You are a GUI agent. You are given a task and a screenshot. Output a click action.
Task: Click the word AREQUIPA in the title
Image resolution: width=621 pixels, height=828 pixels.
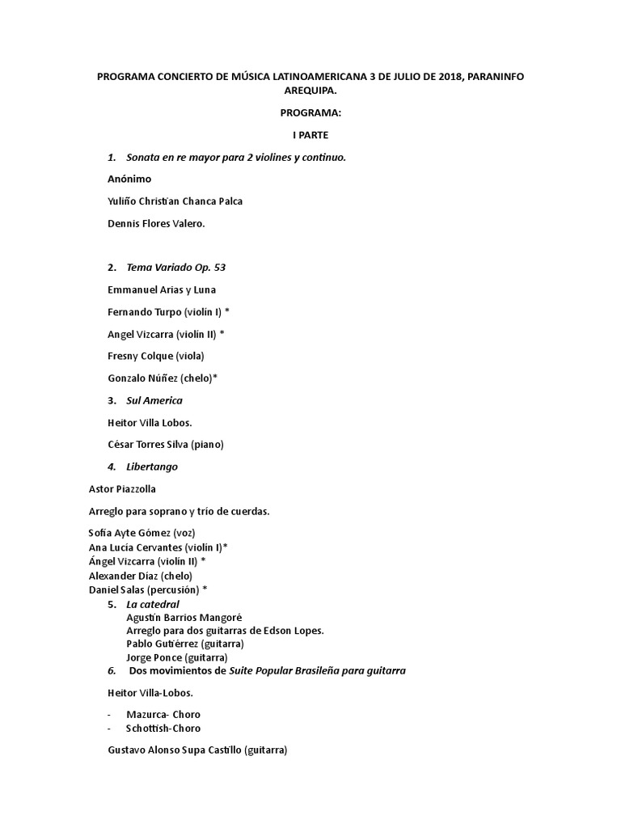click(x=310, y=91)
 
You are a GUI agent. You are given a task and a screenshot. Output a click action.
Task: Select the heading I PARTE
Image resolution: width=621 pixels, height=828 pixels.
click(x=310, y=135)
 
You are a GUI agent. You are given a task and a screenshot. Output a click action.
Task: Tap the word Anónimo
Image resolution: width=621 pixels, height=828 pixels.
click(x=129, y=179)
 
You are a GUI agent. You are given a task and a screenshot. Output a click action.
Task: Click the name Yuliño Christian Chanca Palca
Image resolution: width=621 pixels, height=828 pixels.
click(x=175, y=201)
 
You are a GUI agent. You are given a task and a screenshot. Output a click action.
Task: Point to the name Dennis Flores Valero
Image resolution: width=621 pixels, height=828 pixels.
click(x=156, y=223)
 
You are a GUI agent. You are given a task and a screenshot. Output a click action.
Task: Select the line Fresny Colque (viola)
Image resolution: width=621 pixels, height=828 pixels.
click(x=155, y=356)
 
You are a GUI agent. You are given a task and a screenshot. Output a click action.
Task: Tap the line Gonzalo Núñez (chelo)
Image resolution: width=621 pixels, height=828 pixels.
click(x=162, y=378)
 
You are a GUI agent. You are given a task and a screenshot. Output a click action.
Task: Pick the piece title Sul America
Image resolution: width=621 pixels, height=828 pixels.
click(x=154, y=400)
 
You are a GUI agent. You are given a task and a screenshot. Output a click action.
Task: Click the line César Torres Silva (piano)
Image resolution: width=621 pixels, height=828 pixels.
click(x=165, y=444)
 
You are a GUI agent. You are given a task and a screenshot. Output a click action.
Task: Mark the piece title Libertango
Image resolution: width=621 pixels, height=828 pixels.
click(x=152, y=467)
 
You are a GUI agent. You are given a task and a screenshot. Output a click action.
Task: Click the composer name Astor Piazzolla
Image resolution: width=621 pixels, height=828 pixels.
click(x=122, y=488)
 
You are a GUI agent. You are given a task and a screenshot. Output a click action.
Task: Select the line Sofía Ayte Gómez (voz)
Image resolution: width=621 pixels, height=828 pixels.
click(x=142, y=533)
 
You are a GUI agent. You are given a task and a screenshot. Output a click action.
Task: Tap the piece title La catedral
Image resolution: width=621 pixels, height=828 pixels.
click(x=153, y=604)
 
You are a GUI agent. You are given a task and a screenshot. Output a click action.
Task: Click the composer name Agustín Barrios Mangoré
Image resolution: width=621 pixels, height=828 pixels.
click(x=184, y=617)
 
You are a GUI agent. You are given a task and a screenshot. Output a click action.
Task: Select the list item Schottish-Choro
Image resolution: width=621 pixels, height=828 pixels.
click(x=163, y=728)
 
